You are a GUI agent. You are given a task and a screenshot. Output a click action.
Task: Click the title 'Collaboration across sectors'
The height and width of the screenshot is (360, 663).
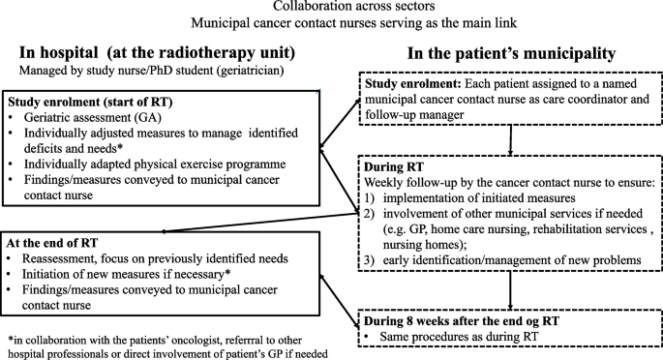point(332,9)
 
